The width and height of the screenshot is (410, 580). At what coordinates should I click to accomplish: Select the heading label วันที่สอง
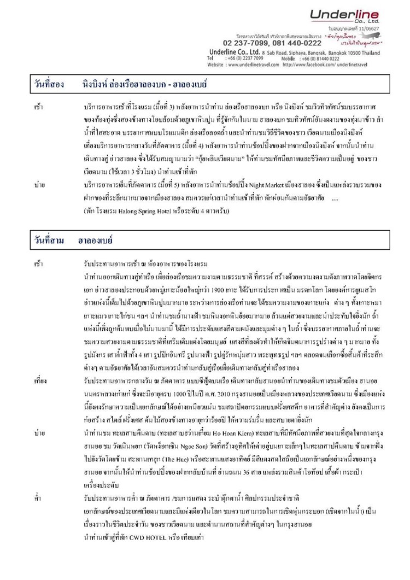pos(48,84)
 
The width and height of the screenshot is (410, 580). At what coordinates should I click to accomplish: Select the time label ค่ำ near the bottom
pos(37,499)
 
